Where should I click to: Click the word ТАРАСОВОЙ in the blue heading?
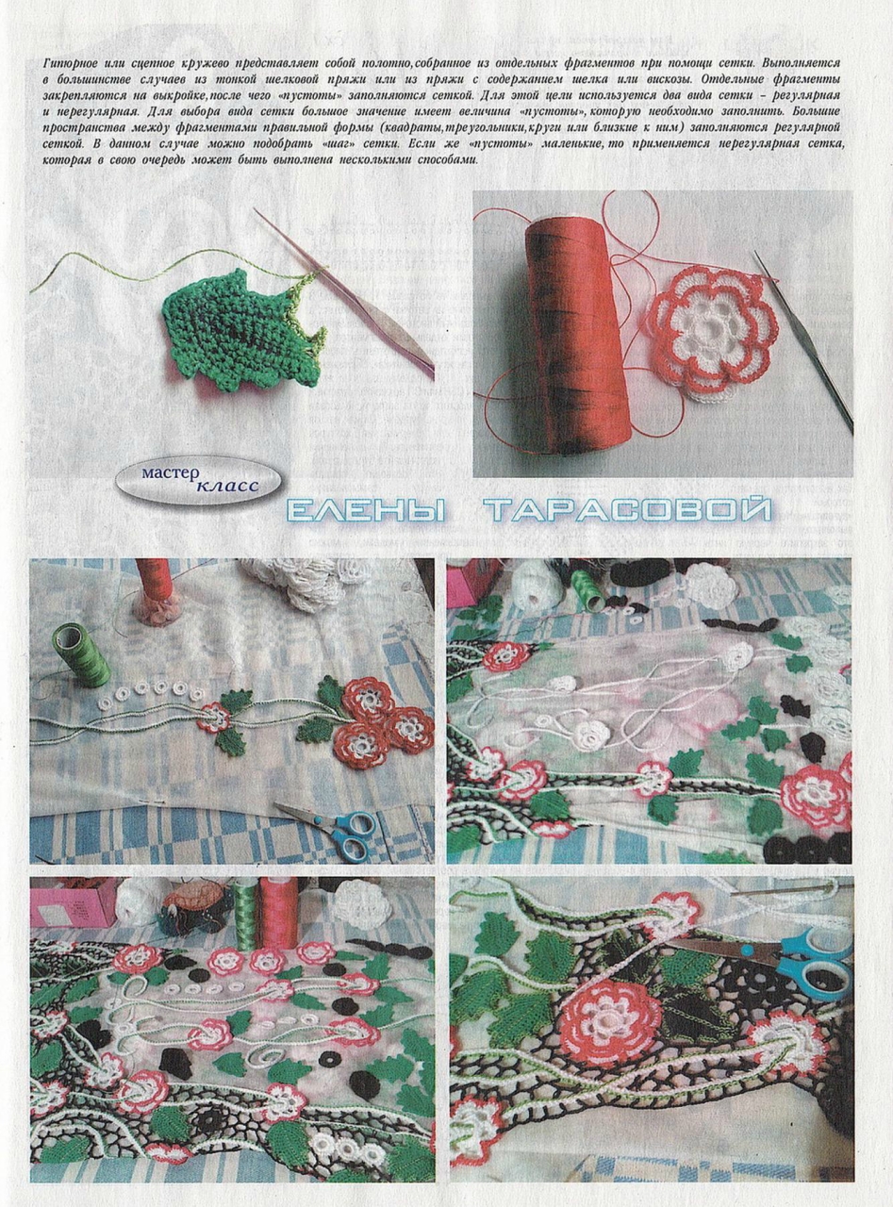coord(626,511)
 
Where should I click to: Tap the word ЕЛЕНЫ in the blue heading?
coord(367,511)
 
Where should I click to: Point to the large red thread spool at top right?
coord(580,326)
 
